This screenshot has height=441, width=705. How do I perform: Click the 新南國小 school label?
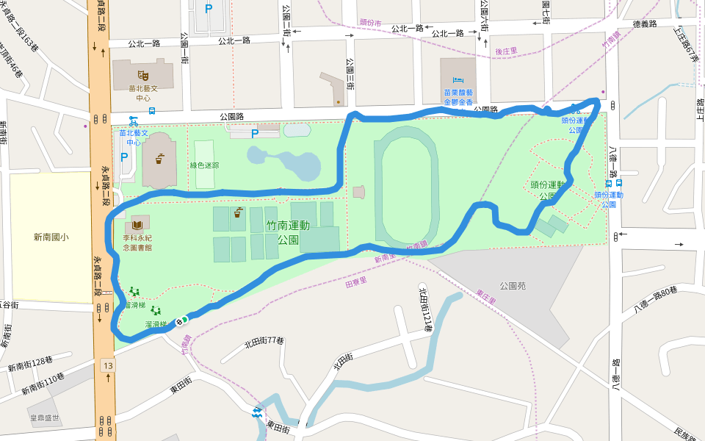pos(51,237)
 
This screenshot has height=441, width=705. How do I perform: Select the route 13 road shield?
pos(108,365)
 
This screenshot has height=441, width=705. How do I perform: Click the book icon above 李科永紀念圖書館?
pos(137,222)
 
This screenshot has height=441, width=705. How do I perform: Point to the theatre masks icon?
pos(142,74)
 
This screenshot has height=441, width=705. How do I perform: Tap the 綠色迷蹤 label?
pos(204,165)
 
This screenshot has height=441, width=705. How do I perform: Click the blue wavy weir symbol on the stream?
pos(256,413)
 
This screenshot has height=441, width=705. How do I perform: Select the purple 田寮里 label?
pos(356,281)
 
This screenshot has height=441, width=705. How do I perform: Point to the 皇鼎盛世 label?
pos(44,417)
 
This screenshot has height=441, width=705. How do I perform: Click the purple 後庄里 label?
pos(507,51)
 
